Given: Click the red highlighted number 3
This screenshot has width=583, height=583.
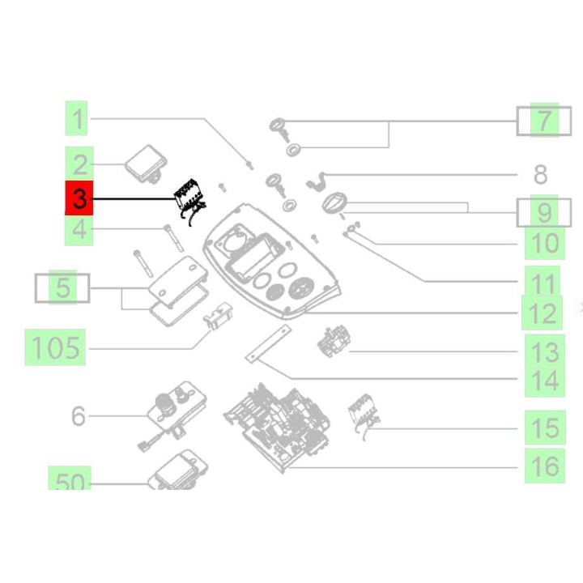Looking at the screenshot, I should [79, 198].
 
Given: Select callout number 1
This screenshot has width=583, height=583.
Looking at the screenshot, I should [78, 121].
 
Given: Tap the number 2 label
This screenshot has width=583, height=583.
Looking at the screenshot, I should [79, 164].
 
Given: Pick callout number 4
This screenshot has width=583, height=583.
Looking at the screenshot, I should [79, 230].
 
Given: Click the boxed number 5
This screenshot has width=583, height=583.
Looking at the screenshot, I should [62, 287].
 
